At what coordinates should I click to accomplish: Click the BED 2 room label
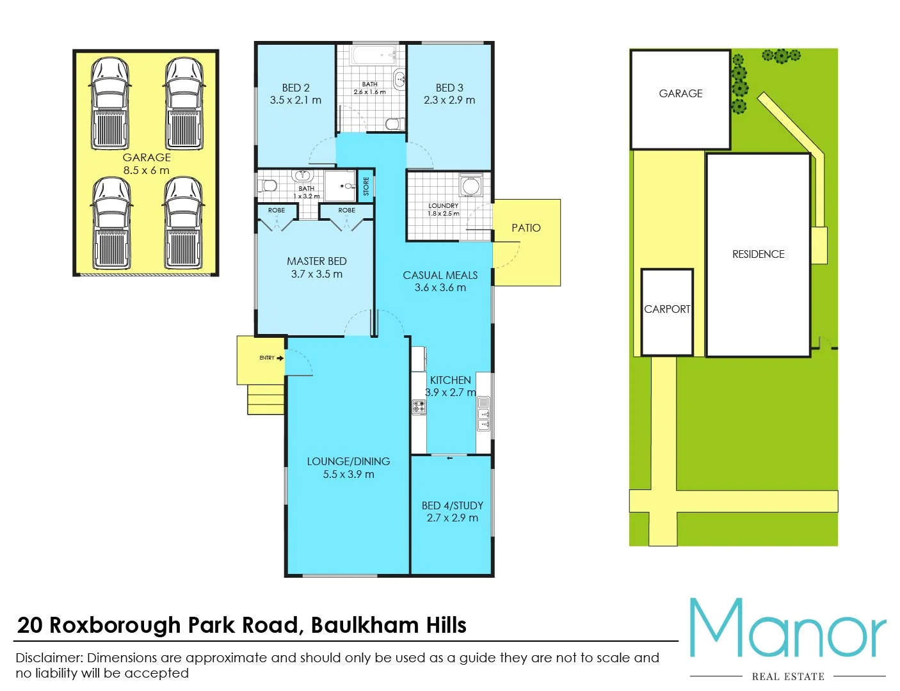[x=296, y=88]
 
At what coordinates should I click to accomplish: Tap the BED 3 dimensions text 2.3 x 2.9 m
[x=449, y=100]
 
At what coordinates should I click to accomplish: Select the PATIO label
[x=526, y=228]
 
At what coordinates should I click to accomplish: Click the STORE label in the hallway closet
[x=366, y=186]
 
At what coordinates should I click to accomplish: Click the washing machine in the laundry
[x=470, y=186]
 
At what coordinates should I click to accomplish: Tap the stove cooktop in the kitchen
[x=419, y=406]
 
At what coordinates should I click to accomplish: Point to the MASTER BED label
[x=316, y=261]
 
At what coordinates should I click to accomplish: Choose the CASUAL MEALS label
[x=440, y=275]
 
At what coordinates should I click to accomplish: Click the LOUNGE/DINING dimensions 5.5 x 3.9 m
[x=348, y=475]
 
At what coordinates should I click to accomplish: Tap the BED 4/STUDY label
[x=452, y=505]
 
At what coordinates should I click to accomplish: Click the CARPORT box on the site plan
[x=667, y=312]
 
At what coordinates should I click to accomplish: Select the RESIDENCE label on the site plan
[x=758, y=254]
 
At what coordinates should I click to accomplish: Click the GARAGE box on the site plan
[x=680, y=99]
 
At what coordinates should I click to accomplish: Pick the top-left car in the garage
[x=110, y=104]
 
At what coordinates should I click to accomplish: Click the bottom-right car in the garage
[x=183, y=223]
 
